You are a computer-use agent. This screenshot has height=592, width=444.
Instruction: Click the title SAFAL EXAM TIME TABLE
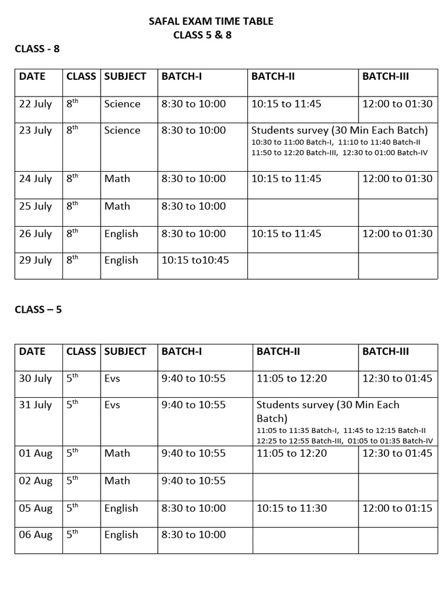211,21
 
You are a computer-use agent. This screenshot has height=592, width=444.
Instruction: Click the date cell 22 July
35,104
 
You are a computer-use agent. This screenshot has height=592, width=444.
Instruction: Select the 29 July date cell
35,260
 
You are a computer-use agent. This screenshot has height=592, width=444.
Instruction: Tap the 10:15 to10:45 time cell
195,260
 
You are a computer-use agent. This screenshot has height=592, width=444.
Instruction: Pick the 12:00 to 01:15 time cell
397,508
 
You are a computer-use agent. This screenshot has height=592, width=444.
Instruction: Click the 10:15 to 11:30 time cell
291,508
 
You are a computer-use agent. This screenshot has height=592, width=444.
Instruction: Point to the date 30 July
35,379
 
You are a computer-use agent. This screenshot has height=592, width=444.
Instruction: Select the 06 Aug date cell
35,535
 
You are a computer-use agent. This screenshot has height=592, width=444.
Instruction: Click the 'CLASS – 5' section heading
38,309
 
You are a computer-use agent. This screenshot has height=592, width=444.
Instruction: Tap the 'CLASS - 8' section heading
37,49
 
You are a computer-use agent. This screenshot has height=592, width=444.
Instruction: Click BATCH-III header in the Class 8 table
386,76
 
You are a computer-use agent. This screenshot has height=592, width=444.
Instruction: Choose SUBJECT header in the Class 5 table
125,351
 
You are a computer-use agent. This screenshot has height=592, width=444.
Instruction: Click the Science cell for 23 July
122,131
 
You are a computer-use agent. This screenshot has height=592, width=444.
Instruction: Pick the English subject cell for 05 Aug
121,508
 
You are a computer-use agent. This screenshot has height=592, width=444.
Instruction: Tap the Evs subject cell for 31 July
112,405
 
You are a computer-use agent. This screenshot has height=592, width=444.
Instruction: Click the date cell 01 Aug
35,453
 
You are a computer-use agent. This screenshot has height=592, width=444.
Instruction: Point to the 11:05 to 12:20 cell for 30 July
291,379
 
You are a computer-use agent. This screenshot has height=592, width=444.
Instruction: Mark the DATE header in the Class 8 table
32,76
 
